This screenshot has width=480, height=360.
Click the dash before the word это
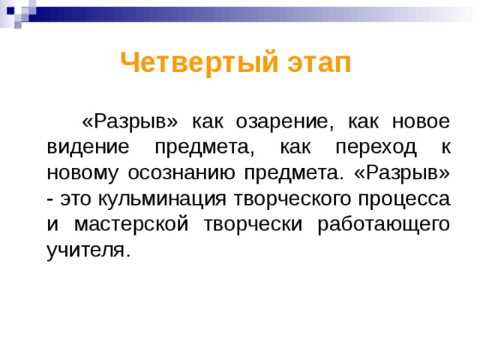49,198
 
